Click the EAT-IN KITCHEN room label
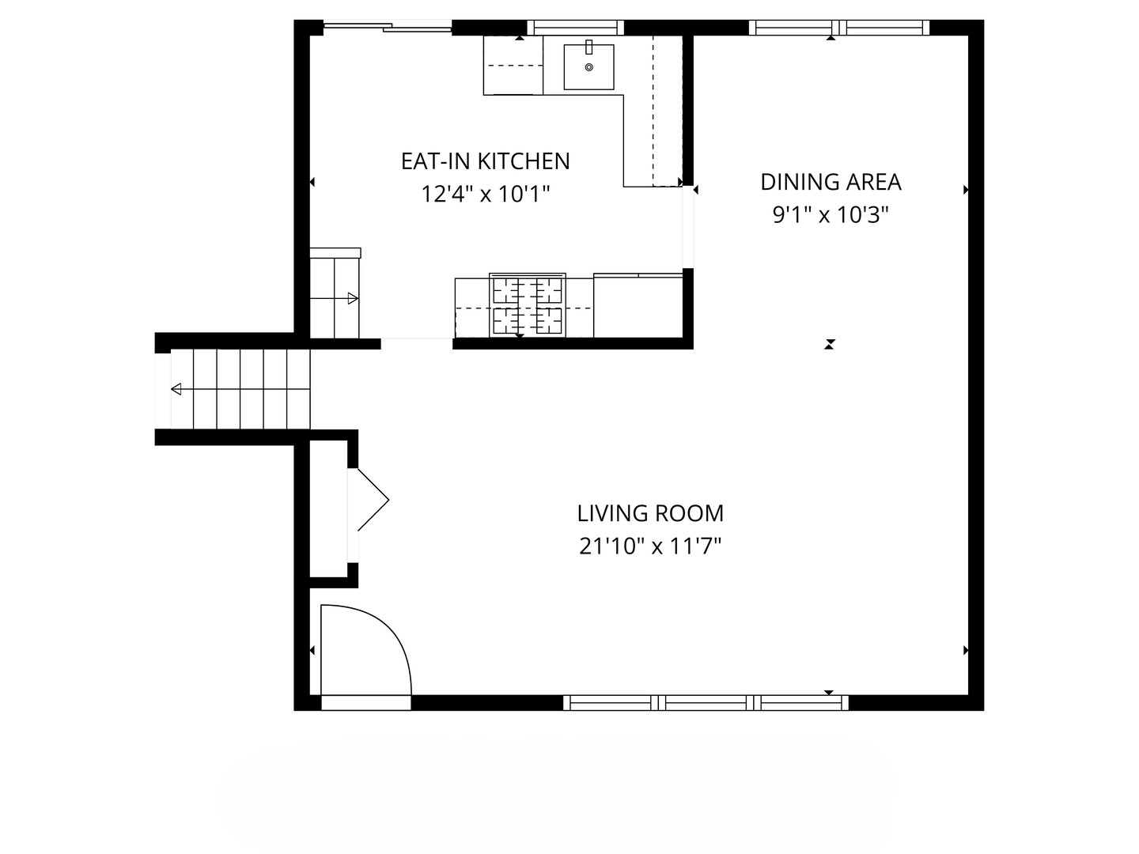point(485,161)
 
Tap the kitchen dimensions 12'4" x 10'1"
point(485,195)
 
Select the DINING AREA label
point(831,182)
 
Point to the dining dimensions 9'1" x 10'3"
point(831,214)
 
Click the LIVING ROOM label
point(650,513)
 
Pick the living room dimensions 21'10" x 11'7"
point(650,546)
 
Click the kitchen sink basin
point(589,67)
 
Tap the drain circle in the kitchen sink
point(589,67)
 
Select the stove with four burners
point(528,305)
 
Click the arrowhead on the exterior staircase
point(176,389)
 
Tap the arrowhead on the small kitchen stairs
point(353,299)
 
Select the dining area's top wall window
point(839,28)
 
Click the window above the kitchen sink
point(576,28)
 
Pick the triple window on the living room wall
point(706,703)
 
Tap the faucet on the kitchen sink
point(589,47)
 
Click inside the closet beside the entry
point(328,508)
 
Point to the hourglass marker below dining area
point(829,344)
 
